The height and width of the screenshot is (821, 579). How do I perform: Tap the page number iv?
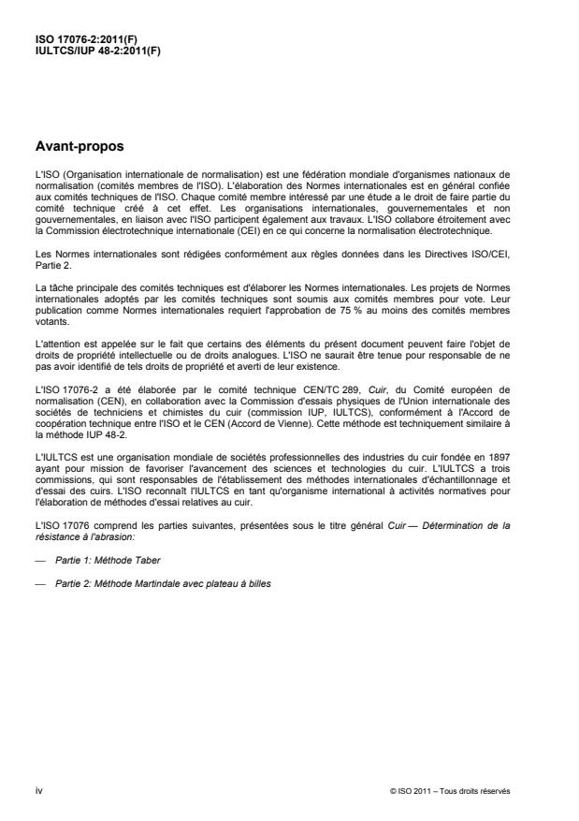(38, 790)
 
